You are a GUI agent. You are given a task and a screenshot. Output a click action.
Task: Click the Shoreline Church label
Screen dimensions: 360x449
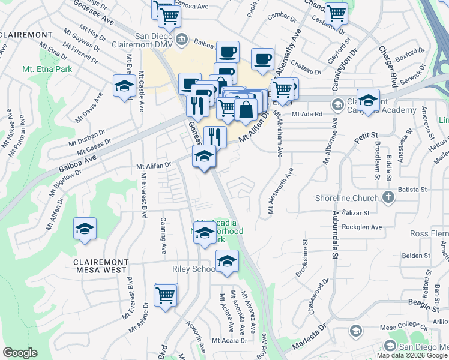click(x=347, y=198)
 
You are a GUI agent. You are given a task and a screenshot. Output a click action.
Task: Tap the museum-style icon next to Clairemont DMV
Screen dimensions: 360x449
click(x=184, y=41)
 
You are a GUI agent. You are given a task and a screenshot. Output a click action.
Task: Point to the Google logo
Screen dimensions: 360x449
click(x=20, y=352)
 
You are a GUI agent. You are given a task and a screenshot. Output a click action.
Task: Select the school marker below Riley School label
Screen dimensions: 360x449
click(x=227, y=262)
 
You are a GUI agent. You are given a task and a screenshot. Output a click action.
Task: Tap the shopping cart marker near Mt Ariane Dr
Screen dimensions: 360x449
click(x=166, y=295)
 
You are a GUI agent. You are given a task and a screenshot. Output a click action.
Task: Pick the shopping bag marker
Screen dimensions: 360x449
click(x=246, y=109)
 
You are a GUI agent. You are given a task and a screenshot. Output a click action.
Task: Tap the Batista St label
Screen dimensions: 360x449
click(x=415, y=189)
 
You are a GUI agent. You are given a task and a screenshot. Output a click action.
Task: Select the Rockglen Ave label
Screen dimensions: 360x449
click(x=362, y=227)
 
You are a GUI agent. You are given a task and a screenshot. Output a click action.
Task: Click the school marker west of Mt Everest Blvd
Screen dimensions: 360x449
click(x=85, y=229)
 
